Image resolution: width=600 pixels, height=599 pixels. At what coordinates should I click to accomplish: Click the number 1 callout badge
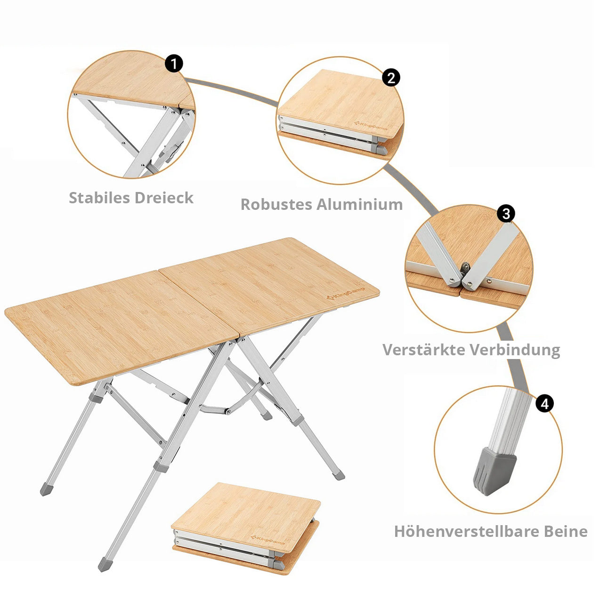pyautogui.click(x=174, y=64)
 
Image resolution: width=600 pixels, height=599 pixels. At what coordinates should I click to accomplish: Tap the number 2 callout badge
pyautogui.click(x=391, y=78)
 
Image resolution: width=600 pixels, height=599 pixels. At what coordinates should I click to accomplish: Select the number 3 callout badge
pyautogui.click(x=506, y=214)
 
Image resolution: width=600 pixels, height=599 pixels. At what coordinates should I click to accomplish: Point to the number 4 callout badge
pyautogui.click(x=544, y=404)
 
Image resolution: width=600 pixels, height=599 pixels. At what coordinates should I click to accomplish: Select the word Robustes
pyautogui.click(x=276, y=205)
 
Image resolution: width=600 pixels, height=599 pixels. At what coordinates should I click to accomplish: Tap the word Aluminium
pyautogui.click(x=360, y=205)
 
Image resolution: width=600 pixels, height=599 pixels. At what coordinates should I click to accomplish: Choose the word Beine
pyautogui.click(x=566, y=532)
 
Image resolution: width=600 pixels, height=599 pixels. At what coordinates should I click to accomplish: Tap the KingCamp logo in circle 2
pyautogui.click(x=371, y=125)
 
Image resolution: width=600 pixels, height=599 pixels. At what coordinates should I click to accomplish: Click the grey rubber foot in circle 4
pyautogui.click(x=494, y=471)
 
